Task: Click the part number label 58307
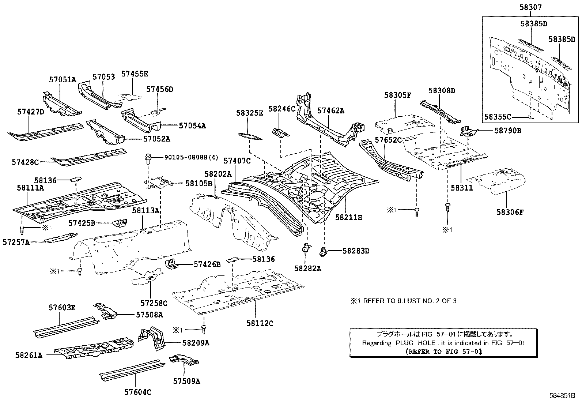(x=530, y=7)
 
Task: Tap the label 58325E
(x=249, y=113)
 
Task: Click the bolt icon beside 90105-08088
(x=148, y=158)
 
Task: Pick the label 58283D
(x=356, y=251)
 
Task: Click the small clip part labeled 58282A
(x=305, y=248)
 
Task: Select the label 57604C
(x=138, y=392)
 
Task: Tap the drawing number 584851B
(x=563, y=395)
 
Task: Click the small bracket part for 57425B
(x=120, y=222)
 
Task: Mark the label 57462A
(x=330, y=110)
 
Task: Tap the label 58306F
(x=510, y=212)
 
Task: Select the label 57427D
(x=30, y=112)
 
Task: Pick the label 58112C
(x=260, y=323)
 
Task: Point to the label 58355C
(x=498, y=117)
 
